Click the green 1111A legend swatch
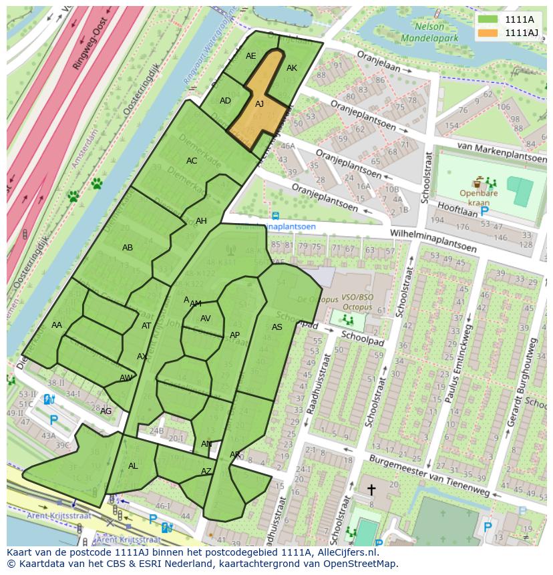pos(488,19)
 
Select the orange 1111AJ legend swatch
pos(488,33)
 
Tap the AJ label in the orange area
pos(260,104)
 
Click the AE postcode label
pos(251,56)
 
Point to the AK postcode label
pos(292,68)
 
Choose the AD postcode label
pos(225,101)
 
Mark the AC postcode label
pos(192,161)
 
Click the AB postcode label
pos(128,248)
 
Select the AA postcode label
pos(57,325)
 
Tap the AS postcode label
pos(277,327)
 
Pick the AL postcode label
pos(133,466)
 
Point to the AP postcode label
pos(234,335)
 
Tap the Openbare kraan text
pos(478,198)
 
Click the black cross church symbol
pos(371,490)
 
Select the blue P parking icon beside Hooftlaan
pos(484,211)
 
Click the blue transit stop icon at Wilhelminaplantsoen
pos(275,216)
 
